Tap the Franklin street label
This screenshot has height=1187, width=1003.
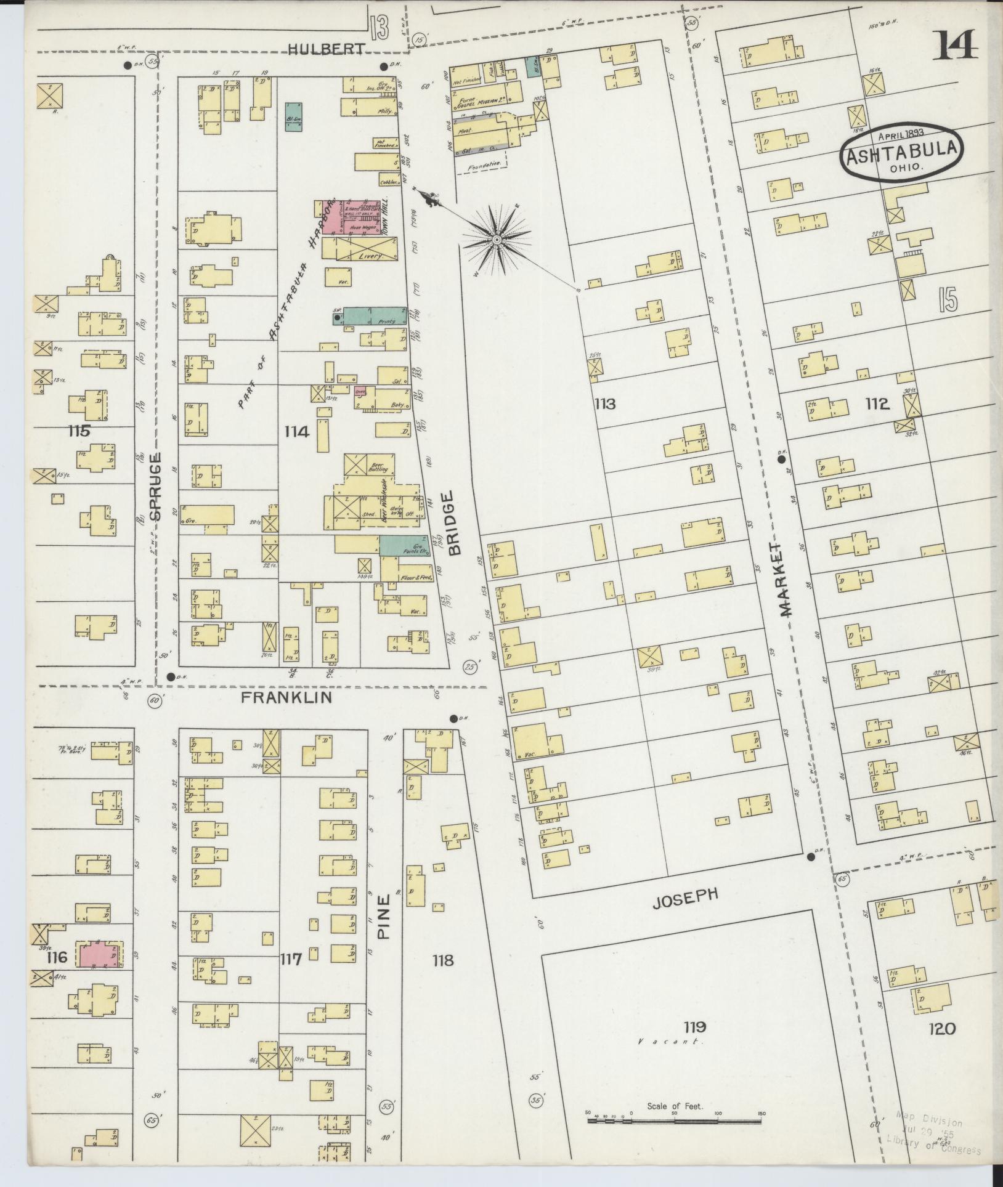pos(286,697)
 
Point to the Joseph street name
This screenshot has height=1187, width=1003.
pos(686,895)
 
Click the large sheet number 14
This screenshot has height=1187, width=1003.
pos(955,44)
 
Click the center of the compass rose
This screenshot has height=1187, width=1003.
pos(496,238)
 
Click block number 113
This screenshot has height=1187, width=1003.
pos(605,404)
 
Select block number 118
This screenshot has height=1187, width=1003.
pos(442,960)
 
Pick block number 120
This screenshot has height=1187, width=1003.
pos(943,1028)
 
